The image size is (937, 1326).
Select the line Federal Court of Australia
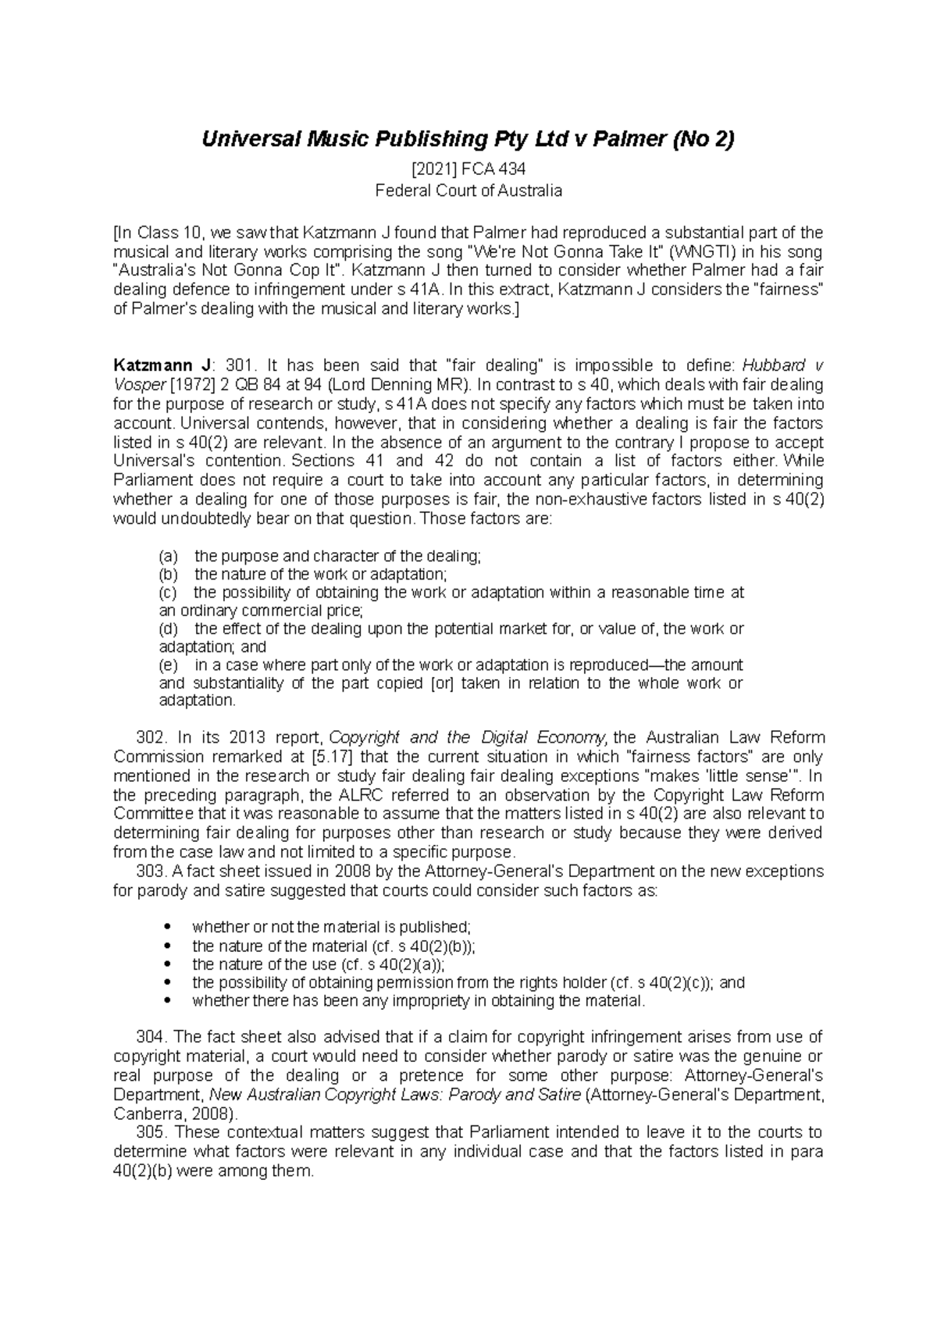[468, 190]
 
